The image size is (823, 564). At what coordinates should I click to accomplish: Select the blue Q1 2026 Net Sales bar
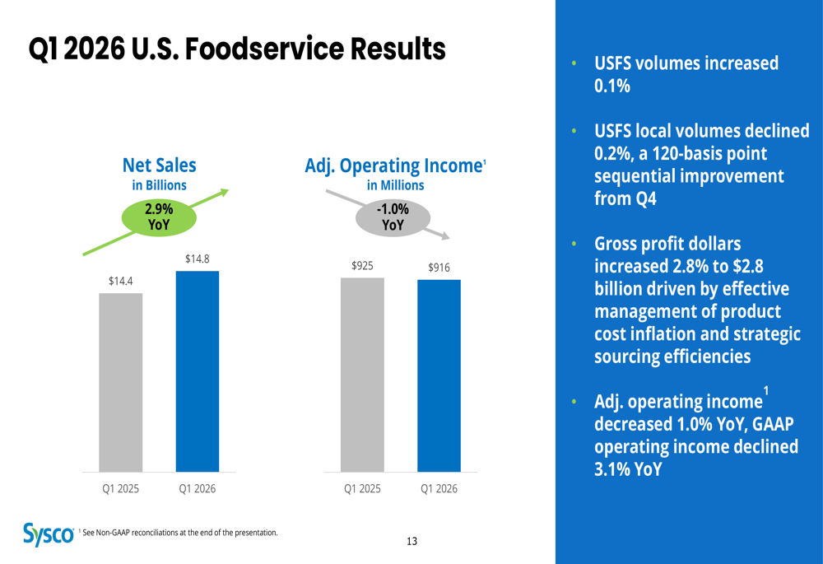[x=198, y=371]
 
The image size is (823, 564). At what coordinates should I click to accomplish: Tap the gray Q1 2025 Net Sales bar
[x=121, y=382]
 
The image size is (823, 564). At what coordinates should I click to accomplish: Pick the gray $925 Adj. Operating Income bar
[x=362, y=375]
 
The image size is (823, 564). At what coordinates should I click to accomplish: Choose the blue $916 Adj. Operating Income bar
[x=439, y=375]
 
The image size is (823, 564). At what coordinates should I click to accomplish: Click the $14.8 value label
[x=198, y=259]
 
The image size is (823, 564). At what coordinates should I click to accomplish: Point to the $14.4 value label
[x=121, y=281]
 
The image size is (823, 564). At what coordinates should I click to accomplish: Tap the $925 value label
[x=362, y=265]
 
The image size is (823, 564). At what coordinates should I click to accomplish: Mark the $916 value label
[x=439, y=268]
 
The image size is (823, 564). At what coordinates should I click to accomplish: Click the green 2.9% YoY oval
[x=160, y=217]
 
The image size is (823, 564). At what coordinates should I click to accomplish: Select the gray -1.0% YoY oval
[x=393, y=217]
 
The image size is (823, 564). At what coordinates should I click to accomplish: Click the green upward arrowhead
[x=222, y=193]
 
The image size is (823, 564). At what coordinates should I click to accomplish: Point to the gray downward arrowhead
[x=444, y=235]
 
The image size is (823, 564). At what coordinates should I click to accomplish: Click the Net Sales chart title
[x=160, y=166]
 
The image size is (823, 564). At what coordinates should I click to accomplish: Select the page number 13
[x=411, y=541]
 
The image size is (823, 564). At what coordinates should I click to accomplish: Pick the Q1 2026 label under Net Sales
[x=198, y=488]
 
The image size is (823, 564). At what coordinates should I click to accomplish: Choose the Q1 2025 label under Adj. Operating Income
[x=362, y=488]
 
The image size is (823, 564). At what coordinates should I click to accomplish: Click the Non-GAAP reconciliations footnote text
[x=180, y=533]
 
